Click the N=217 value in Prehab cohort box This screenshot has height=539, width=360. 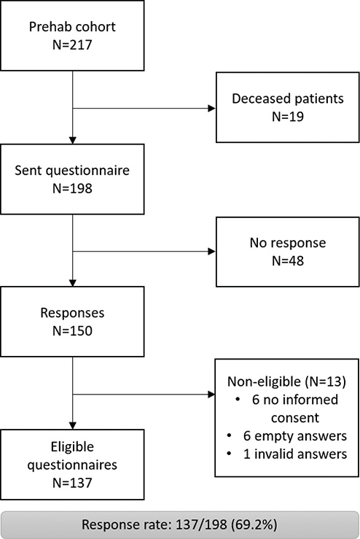click(x=72, y=44)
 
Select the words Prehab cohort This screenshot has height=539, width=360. click(x=72, y=27)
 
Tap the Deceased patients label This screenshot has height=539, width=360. click(x=288, y=98)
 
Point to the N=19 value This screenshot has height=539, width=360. click(x=288, y=117)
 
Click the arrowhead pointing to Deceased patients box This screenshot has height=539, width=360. click(x=211, y=108)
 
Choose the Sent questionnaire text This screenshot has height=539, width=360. click(x=72, y=171)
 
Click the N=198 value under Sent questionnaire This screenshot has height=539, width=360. click(x=72, y=188)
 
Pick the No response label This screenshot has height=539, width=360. click(x=288, y=243)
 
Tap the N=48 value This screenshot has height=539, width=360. click(x=288, y=261)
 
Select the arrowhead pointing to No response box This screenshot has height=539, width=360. click(x=211, y=252)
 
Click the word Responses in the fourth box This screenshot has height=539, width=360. click(x=72, y=313)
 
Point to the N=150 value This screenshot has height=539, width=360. click(x=72, y=330)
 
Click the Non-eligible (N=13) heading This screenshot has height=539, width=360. click(x=286, y=381)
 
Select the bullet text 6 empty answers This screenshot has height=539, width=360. click(x=295, y=436)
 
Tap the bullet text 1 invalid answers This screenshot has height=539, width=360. click(x=295, y=454)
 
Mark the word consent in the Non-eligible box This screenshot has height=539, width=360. click(x=295, y=418)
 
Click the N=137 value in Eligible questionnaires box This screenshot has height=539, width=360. click(x=72, y=483)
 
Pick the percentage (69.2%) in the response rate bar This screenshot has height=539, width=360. click(x=254, y=525)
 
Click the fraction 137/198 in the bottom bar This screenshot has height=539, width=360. click(x=201, y=525)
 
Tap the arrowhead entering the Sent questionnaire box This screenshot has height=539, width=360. click(x=72, y=140)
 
